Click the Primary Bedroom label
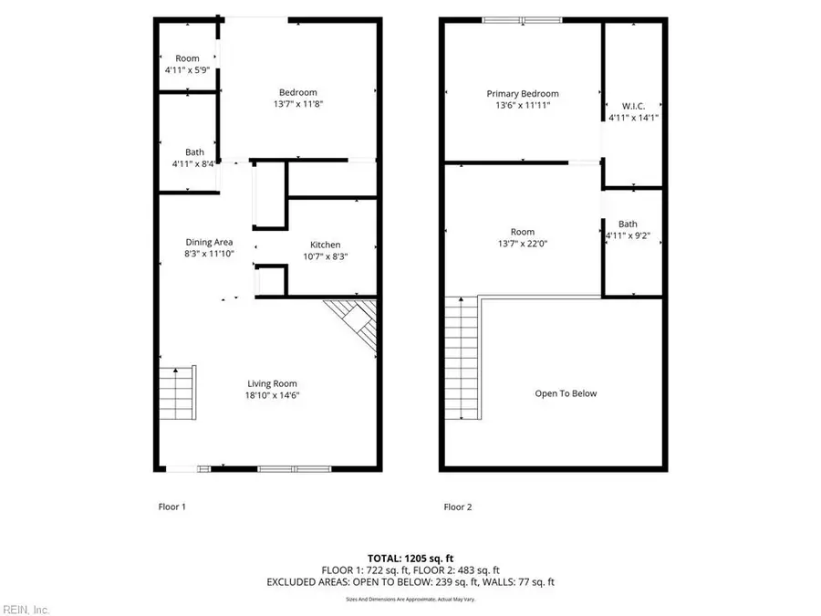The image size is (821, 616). point(523,94)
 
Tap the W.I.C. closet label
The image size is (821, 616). point(633,106)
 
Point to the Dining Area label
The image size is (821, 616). point(209,242)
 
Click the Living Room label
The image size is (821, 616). point(273,383)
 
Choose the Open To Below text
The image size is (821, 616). point(566,393)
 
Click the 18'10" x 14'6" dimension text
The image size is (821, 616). point(273,395)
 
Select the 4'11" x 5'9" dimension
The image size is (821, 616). point(187,69)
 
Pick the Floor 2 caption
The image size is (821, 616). point(458,506)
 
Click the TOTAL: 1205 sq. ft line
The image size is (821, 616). point(410,557)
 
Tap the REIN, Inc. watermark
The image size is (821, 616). point(26,609)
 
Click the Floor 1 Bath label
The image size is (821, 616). point(194,152)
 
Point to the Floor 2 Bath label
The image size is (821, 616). point(628,224)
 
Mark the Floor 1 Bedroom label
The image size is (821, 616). point(298,92)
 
